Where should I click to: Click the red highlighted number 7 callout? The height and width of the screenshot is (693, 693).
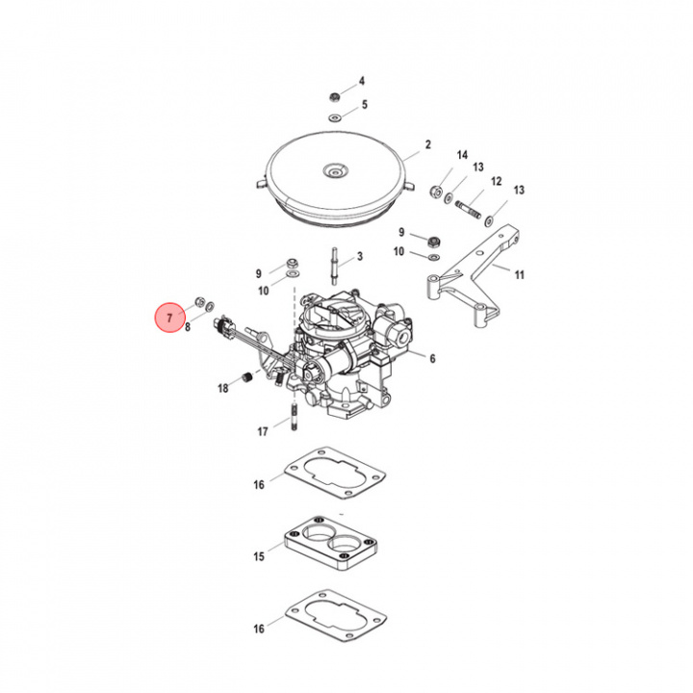point(169,317)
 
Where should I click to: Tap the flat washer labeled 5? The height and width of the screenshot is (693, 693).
point(335,116)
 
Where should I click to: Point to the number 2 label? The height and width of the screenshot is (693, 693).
point(428,147)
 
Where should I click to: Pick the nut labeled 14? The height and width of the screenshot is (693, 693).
point(436,190)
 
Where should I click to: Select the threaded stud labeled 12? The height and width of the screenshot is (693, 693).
point(468,207)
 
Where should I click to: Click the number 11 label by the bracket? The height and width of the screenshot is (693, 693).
point(520,275)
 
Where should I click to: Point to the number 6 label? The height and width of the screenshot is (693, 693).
point(432,358)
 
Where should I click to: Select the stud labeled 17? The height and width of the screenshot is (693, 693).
point(290,420)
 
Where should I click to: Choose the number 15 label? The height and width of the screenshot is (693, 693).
point(258,557)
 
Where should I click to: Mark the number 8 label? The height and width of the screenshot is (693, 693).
point(188,327)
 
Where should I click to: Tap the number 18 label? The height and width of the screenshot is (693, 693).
point(223,389)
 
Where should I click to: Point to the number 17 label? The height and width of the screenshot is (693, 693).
point(262,432)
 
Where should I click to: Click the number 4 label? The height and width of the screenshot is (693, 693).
point(363,81)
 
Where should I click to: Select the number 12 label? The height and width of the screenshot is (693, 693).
point(497,181)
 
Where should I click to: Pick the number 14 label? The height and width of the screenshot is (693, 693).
point(462,155)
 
